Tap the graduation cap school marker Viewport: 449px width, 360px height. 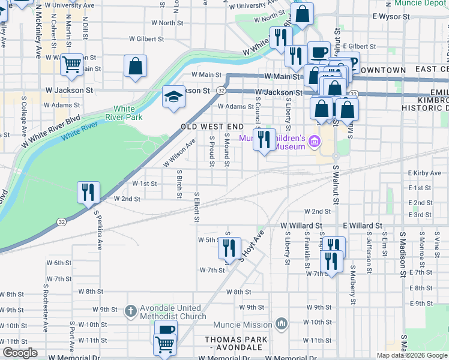click(173, 97)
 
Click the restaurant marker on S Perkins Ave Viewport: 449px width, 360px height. click(88, 193)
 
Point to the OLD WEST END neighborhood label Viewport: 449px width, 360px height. click(212, 127)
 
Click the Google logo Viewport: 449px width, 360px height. click(20, 353)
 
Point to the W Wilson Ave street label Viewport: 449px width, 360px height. click(179, 154)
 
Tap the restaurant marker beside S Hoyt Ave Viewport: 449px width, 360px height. click(229, 248)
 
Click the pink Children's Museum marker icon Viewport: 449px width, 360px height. click(315, 142)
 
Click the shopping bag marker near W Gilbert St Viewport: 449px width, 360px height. click(136, 65)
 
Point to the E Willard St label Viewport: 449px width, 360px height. click(363, 226)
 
